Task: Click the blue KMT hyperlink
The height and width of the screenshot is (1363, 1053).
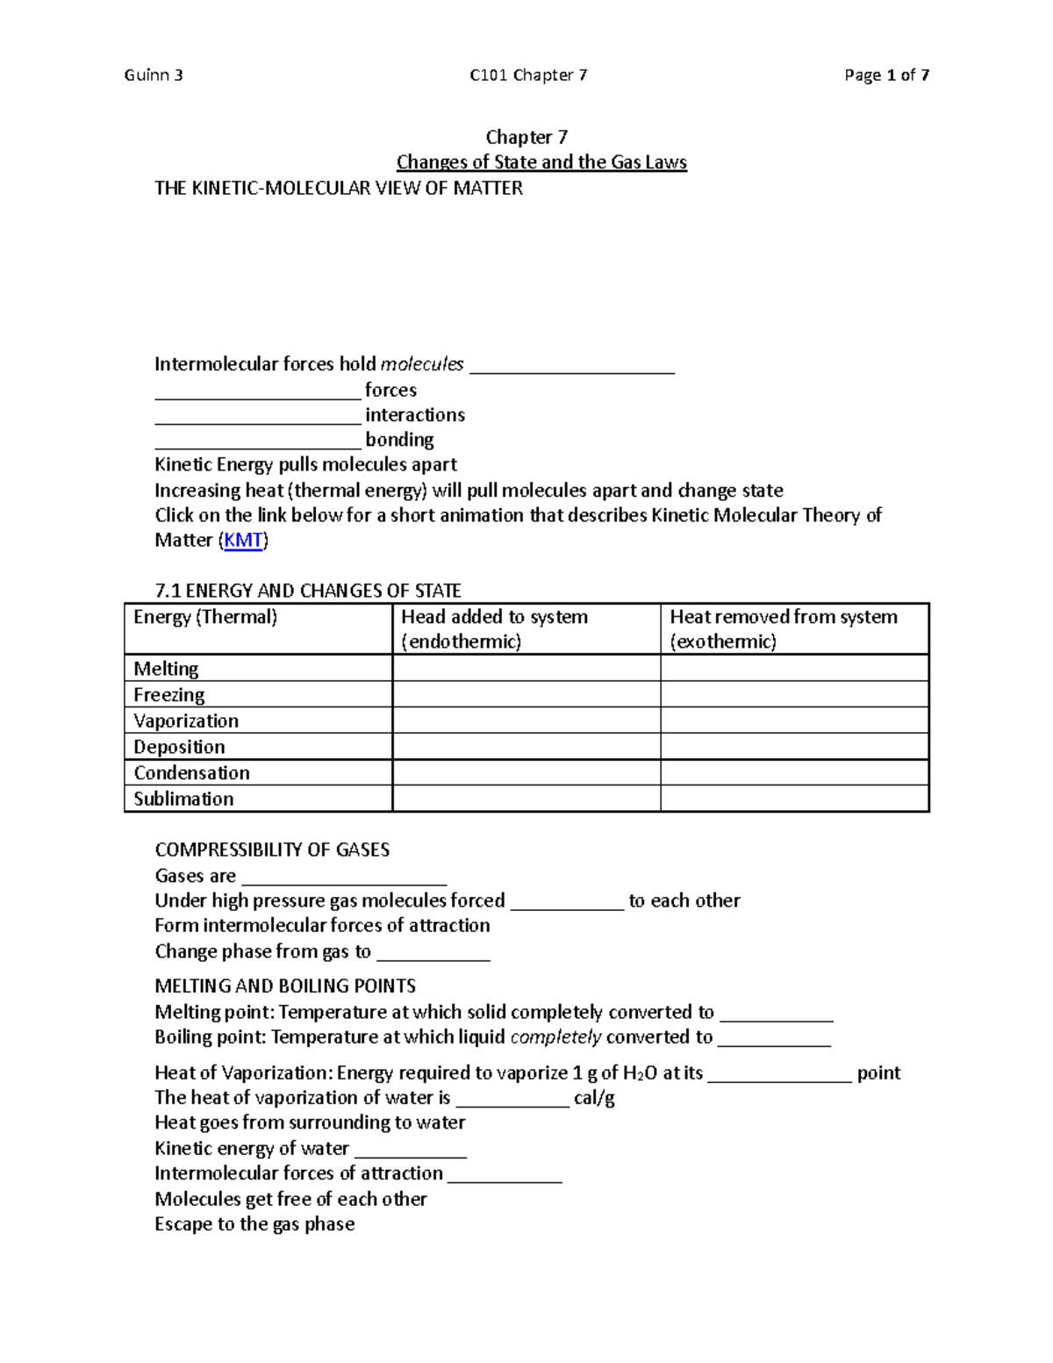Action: click(243, 541)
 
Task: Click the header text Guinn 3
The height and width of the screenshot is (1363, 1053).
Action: click(154, 75)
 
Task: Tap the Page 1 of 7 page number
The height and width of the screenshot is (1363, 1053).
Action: click(886, 75)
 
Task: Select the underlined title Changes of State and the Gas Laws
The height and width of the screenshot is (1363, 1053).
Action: click(541, 162)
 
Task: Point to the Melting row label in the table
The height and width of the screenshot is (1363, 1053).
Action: click(166, 669)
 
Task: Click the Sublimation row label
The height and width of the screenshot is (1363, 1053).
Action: click(183, 799)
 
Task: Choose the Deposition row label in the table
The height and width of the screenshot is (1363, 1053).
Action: click(179, 747)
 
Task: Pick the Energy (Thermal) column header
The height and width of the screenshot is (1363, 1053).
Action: click(205, 617)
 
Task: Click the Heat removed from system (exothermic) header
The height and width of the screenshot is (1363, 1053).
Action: click(784, 628)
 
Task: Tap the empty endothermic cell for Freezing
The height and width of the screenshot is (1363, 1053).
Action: click(526, 695)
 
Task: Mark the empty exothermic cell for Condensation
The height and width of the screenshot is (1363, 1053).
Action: click(794, 773)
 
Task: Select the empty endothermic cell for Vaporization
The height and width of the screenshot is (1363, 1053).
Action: click(526, 721)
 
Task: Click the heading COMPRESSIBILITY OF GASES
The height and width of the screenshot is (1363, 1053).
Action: click(272, 850)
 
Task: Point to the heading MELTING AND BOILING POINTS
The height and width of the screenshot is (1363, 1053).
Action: click(285, 986)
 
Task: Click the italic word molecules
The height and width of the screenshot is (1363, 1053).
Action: click(422, 364)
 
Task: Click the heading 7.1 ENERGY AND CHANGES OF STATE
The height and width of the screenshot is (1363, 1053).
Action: click(308, 591)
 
